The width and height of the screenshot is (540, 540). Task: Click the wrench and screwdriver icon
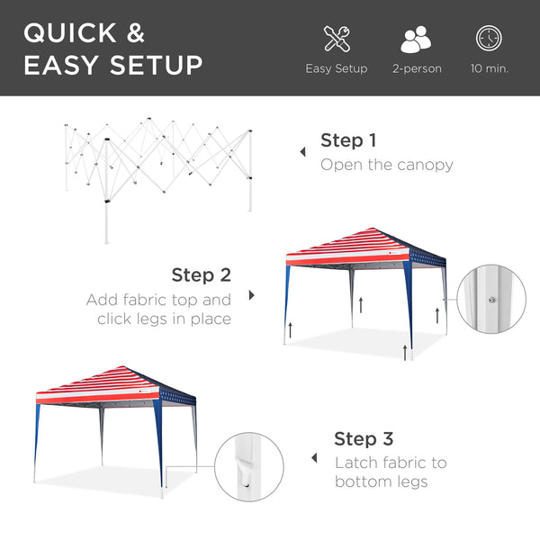click(x=337, y=39)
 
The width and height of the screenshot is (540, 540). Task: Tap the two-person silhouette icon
click(x=416, y=39)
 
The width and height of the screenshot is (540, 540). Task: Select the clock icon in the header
click(x=489, y=39)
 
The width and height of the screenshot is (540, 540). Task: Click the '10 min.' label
click(x=489, y=68)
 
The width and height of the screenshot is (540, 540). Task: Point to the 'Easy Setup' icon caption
click(x=337, y=68)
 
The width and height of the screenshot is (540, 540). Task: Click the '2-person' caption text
click(x=417, y=68)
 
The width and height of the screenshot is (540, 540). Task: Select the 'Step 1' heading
click(x=348, y=140)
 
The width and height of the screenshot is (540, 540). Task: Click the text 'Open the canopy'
click(x=387, y=165)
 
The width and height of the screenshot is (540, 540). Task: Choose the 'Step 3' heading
click(x=364, y=438)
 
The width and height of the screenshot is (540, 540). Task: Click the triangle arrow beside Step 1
click(x=302, y=153)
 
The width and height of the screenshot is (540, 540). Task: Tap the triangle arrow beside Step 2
click(x=251, y=295)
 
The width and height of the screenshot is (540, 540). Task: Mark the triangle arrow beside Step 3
click(x=314, y=458)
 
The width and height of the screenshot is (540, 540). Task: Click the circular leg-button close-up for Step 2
click(x=491, y=297)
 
